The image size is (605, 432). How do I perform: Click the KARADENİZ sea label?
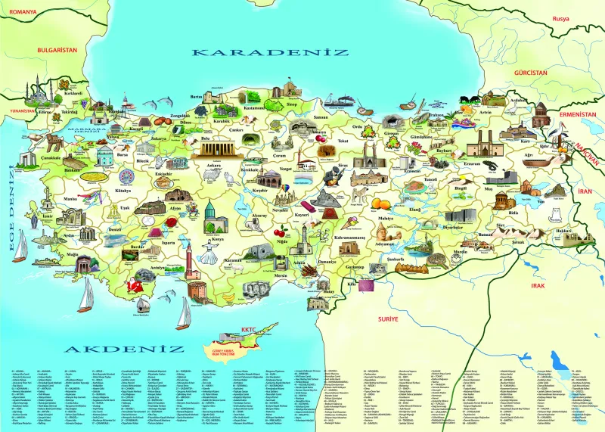(270, 53)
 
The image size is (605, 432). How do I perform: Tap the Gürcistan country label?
(529, 71)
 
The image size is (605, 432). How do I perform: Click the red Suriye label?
(388, 320)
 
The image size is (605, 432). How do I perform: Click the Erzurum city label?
(473, 162)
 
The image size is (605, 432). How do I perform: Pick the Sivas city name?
(343, 163)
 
